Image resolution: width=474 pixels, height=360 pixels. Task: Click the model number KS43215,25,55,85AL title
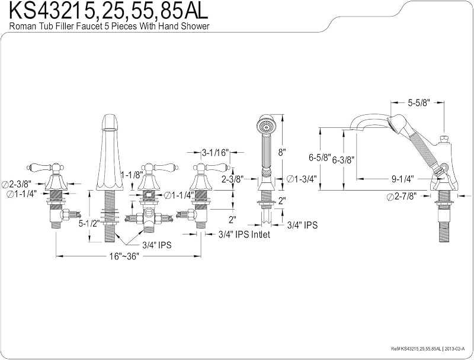[x=109, y=11]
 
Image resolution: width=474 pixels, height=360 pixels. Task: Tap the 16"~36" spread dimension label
[x=124, y=256]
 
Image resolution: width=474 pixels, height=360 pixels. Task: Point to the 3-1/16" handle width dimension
[x=216, y=153]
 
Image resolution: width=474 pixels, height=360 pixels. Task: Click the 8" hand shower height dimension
[x=282, y=152]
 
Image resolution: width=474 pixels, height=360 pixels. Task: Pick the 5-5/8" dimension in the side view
[x=419, y=102]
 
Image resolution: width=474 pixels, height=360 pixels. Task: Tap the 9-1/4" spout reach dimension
[x=403, y=179]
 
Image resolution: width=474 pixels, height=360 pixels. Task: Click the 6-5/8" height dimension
[x=320, y=157]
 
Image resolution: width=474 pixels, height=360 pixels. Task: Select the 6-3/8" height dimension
[x=343, y=160]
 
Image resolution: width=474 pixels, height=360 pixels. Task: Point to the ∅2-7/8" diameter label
[x=402, y=197]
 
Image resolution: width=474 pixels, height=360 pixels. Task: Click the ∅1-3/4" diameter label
[x=302, y=179]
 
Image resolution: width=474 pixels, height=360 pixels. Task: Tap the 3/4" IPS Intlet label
[x=244, y=234]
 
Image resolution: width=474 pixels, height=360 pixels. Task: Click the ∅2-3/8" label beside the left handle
[x=18, y=184]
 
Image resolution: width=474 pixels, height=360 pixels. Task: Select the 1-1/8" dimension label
[x=132, y=175]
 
